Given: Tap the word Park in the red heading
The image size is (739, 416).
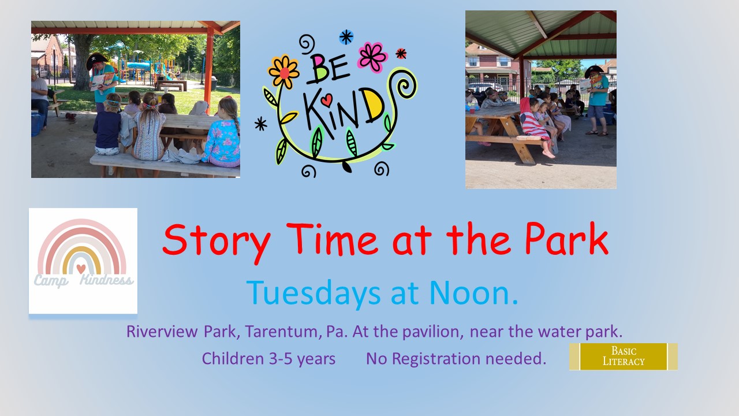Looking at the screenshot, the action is pos(566,239).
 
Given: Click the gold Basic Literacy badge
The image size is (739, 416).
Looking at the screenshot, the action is pos(623,356).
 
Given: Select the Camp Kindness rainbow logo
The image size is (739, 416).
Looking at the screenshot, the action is pos(83,261).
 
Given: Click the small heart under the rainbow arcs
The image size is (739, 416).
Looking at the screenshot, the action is pos(81,269).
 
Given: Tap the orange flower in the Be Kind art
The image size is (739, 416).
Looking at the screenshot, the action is pos(283,72).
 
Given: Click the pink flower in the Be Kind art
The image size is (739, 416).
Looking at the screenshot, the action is pos(372,57).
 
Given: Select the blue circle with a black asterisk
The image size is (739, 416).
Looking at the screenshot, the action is pos(346,37).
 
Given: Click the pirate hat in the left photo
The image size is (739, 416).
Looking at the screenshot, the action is pos(96,61).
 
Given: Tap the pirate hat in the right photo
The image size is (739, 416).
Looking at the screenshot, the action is pos(594,70).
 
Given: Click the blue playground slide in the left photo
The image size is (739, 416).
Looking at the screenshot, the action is pos(139,65).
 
